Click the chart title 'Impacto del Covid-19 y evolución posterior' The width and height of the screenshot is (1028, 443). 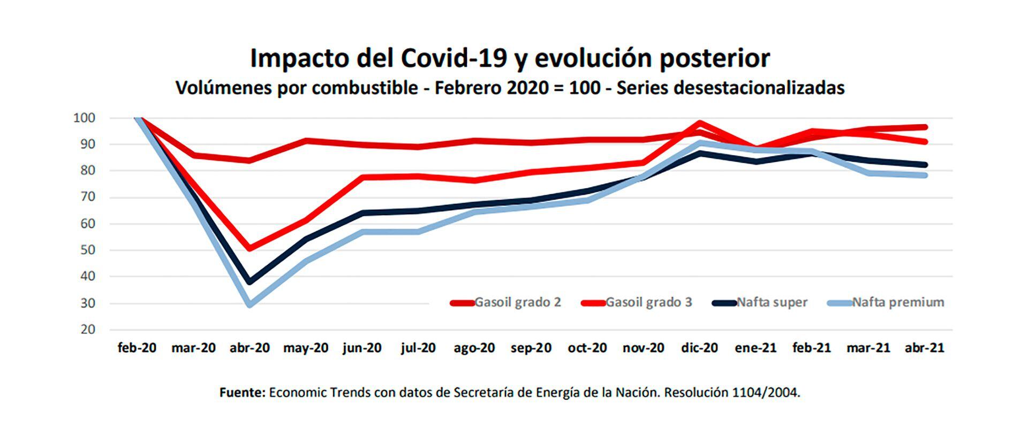click(x=510, y=58)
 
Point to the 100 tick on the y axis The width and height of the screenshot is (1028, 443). click(x=84, y=118)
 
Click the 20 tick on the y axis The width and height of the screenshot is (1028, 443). click(x=88, y=330)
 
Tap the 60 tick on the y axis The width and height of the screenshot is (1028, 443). click(x=88, y=224)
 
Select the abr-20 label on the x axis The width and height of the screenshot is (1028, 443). click(x=250, y=348)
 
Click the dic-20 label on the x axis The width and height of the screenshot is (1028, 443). click(x=699, y=348)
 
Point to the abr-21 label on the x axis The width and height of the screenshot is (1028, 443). click(x=924, y=348)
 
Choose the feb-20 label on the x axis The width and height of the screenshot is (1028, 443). click(x=137, y=348)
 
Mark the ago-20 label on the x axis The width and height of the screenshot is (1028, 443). click(x=474, y=348)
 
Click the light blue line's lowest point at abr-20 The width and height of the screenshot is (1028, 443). click(x=250, y=304)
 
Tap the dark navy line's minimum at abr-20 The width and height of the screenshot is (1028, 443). click(x=250, y=281)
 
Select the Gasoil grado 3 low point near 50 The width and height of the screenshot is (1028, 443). click(x=250, y=248)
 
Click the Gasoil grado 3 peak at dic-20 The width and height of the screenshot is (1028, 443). click(x=700, y=123)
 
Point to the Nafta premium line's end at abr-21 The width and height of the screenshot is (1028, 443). click(x=924, y=175)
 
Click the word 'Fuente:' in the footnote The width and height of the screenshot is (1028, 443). click(x=243, y=393)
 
